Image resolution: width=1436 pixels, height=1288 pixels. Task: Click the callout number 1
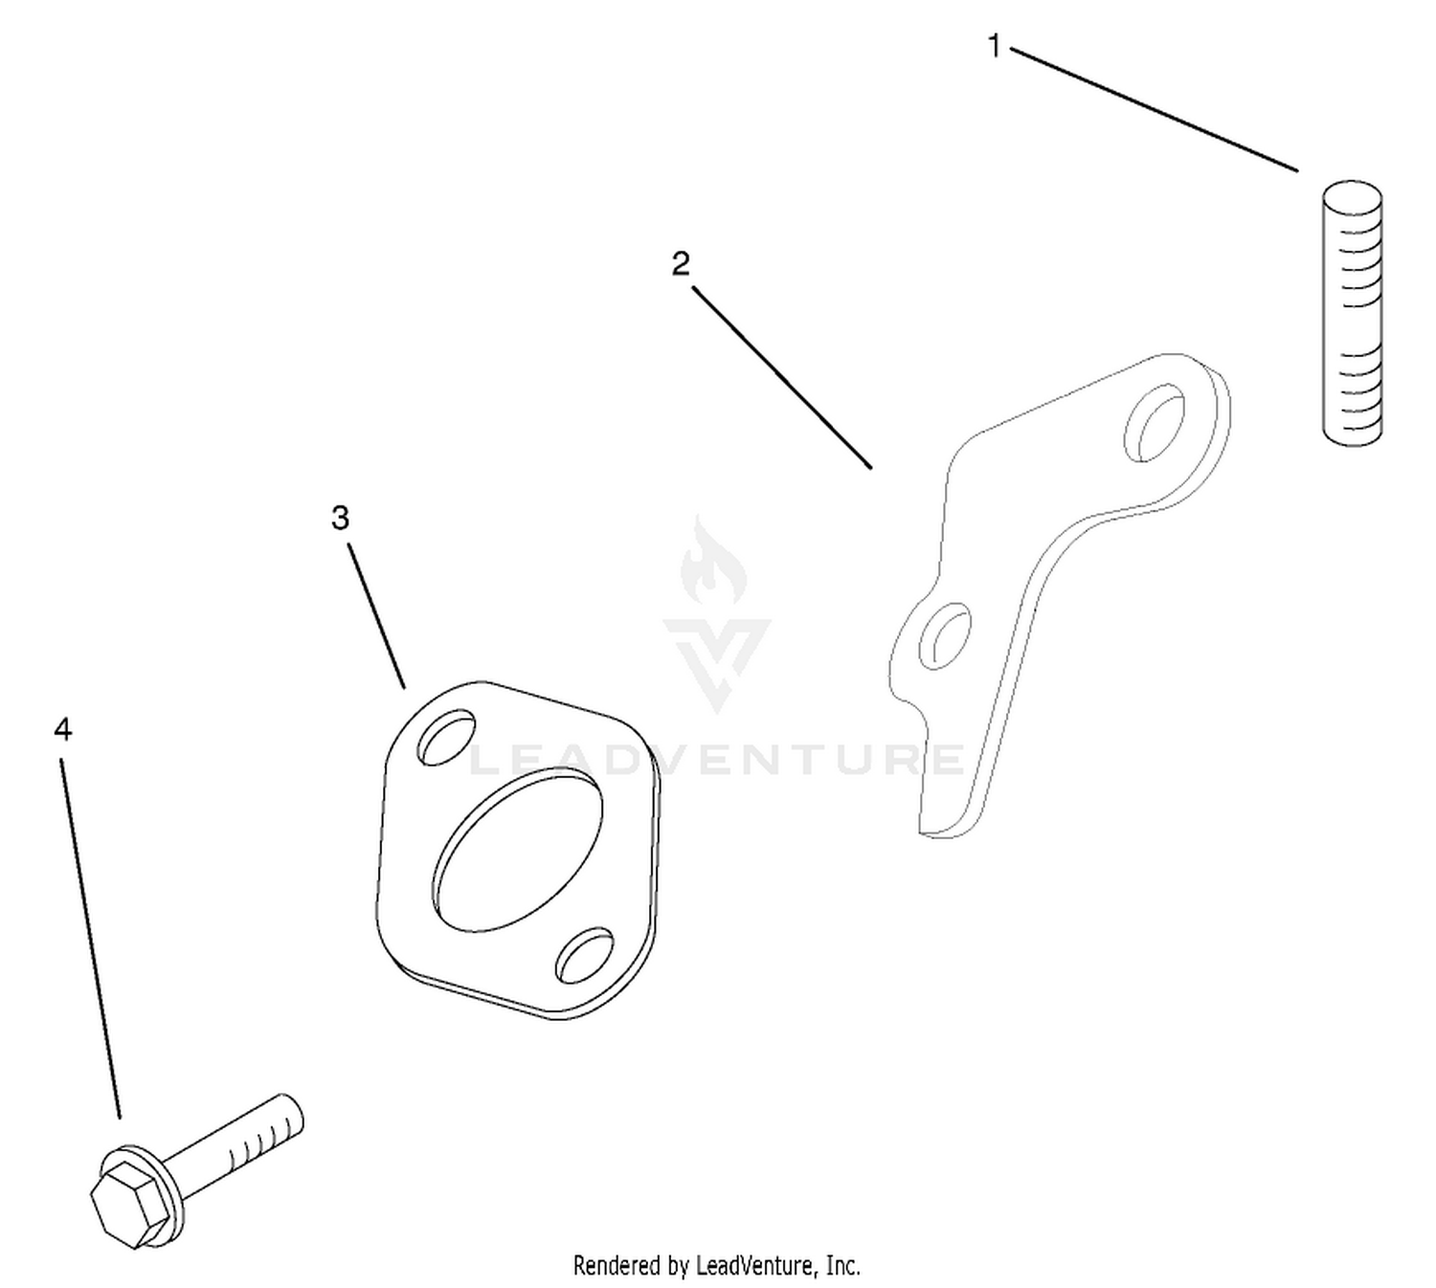pos(994,47)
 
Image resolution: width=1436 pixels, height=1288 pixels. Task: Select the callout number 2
pos(681,264)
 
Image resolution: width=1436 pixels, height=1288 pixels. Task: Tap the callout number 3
pos(340,518)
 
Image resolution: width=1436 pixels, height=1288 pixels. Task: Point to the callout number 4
pos(63,729)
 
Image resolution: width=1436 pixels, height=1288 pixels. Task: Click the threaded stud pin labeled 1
pos(1352,313)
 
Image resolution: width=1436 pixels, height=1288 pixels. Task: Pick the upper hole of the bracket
pos(1154,423)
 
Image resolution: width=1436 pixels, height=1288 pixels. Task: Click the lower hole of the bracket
pos(945,636)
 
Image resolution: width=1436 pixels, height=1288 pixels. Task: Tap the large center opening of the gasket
pos(517,850)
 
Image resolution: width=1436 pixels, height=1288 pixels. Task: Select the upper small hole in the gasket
pos(446,737)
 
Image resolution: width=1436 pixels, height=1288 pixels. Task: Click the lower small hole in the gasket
pos(585,956)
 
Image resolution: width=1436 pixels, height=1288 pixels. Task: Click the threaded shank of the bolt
pos(234,1156)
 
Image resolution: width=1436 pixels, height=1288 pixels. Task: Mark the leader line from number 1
pos(1154,109)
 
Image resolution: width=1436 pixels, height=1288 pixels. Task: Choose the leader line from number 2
pos(782,378)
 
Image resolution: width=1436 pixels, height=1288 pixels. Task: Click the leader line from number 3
pos(376,615)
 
